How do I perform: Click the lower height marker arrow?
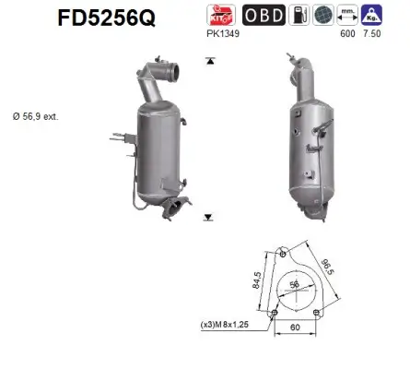pyautogui.click(x=210, y=219)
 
